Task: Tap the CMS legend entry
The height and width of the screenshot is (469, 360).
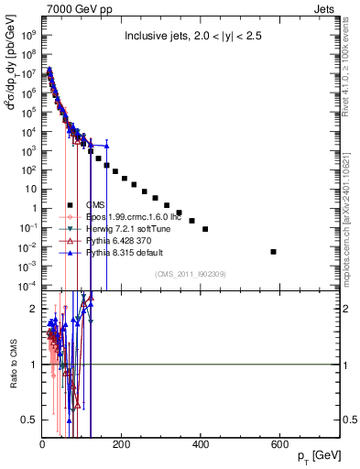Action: (x=95, y=204)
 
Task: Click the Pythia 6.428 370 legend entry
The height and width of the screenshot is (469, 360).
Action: (x=115, y=240)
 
